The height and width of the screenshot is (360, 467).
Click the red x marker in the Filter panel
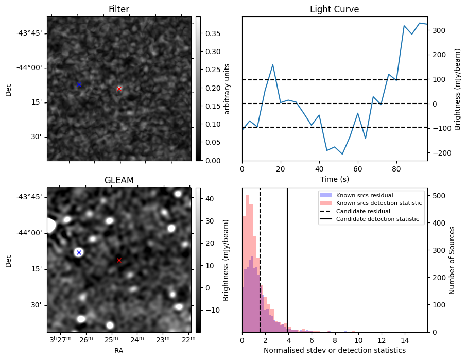(x=119, y=89)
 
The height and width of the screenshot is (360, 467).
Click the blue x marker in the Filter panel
(x=79, y=84)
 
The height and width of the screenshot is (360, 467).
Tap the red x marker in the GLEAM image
(x=119, y=261)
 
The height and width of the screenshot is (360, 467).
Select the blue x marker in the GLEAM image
(x=79, y=252)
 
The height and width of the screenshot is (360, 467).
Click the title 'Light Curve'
(x=334, y=9)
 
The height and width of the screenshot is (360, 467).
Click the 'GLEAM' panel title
(x=119, y=180)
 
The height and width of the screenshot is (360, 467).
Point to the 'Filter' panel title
(x=119, y=9)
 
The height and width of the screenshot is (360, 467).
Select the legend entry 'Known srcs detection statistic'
(x=378, y=203)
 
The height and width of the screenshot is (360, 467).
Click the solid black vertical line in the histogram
(x=287, y=258)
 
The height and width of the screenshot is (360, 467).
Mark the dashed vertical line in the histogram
(x=260, y=258)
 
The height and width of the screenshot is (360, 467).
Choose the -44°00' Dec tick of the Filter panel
(x=32, y=67)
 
